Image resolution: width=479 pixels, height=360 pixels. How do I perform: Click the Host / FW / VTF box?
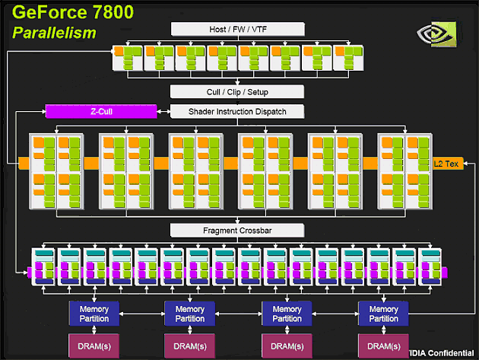pos(238,29)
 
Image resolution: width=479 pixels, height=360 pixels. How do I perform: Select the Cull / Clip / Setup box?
pos(237,92)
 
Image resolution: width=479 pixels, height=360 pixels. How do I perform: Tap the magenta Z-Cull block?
pos(101,111)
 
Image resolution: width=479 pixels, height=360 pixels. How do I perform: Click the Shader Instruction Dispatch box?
pos(237,111)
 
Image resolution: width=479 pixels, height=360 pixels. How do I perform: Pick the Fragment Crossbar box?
pos(237,231)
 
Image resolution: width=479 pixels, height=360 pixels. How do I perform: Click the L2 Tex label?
pos(446,164)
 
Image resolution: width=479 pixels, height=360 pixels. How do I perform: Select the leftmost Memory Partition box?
pos(94,314)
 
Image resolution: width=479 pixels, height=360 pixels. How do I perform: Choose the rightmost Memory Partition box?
pos(383,314)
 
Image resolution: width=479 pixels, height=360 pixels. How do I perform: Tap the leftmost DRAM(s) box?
pos(94,346)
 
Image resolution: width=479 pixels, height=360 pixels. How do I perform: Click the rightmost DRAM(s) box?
pos(383,346)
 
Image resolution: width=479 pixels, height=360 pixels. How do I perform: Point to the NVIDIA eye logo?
pos(436,33)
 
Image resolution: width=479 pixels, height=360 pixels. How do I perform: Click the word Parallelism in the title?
pos(55,33)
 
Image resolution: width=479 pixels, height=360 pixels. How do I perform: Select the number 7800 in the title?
pos(113,12)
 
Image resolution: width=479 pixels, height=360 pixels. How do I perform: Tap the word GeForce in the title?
pos(49,12)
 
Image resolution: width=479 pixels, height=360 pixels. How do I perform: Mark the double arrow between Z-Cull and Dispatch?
pos(163,112)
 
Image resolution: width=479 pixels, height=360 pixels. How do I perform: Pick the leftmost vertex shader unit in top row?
pos(128,58)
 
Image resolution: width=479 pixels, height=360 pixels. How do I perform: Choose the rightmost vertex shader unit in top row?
pos(348,58)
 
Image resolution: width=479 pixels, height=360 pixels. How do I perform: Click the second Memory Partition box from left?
pos(190,314)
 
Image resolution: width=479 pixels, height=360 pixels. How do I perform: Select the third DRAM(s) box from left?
pos(287,346)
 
